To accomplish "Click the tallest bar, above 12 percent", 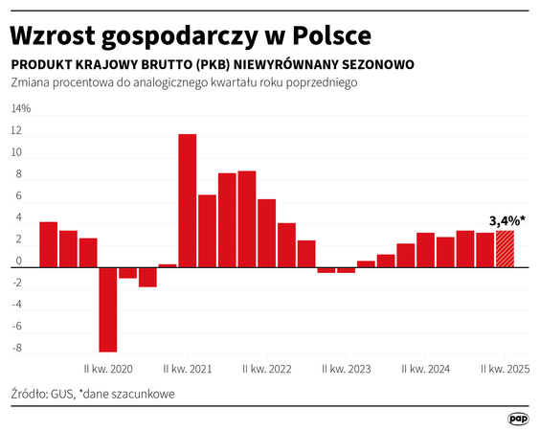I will click(188, 200).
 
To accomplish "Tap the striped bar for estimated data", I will click(505, 249).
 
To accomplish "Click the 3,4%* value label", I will click(506, 220).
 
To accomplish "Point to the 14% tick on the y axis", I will click(20, 108).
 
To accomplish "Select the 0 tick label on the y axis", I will click(16, 262).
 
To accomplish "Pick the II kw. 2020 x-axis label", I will click(108, 369).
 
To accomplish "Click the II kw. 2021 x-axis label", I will click(188, 369).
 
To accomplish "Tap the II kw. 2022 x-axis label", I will click(267, 369).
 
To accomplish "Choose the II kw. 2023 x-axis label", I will click(347, 369).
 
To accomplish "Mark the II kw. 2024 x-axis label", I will click(425, 369).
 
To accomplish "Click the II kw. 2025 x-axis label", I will click(505, 369).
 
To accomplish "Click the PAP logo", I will click(518, 419).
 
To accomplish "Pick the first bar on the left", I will click(48, 244).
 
